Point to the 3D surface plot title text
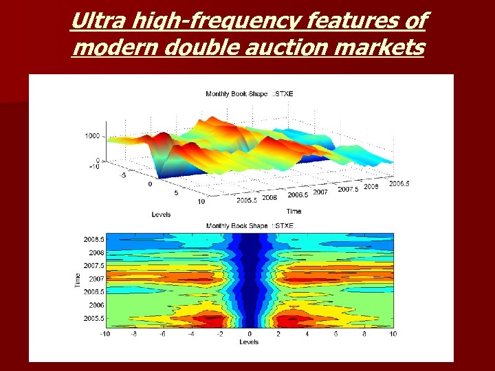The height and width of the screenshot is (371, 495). coord(250,94)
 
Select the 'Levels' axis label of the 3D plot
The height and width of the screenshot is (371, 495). coord(161,214)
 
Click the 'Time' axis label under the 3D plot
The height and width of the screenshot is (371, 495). coord(294,211)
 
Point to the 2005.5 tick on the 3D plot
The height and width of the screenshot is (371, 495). coord(246,200)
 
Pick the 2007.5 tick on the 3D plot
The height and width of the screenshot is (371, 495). coord(349,189)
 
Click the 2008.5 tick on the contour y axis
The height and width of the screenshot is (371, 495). coord(95,240)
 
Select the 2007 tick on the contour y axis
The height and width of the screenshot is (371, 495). coord(97,279)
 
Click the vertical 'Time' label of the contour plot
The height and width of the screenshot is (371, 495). coord(77,279)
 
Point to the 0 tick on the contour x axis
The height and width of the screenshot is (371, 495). coord(250,335)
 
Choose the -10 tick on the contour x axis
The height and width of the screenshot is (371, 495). coord(104,335)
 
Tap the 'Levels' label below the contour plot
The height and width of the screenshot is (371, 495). coord(249,341)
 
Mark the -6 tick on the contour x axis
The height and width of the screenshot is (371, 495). coord(162,335)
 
